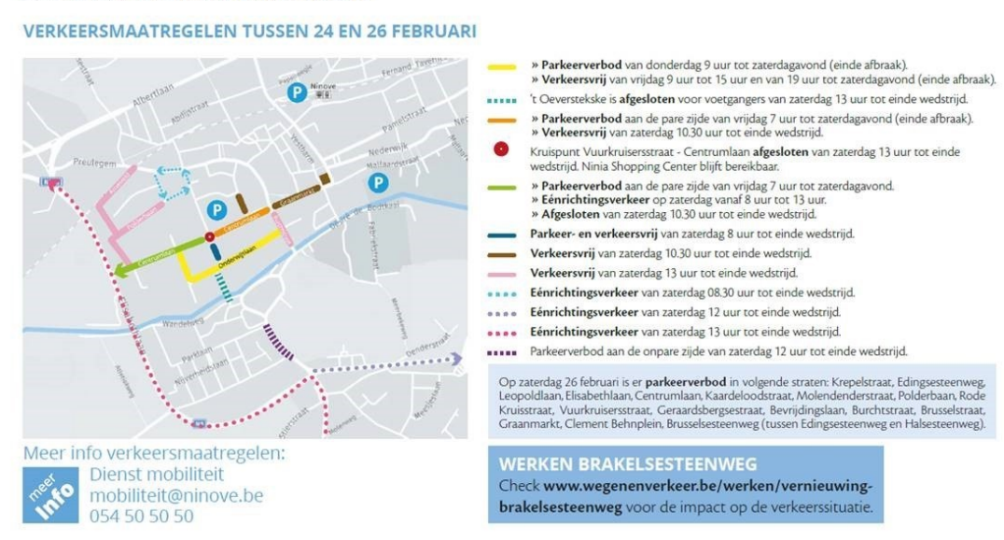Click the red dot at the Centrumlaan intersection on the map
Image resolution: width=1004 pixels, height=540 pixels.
pos(209,237)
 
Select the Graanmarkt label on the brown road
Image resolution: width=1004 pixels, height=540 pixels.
pos(293,201)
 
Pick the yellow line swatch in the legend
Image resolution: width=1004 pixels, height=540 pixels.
pos(502,67)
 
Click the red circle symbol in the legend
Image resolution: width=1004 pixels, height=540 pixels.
pos(501,149)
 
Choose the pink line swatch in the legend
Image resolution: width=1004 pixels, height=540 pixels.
pos(502,274)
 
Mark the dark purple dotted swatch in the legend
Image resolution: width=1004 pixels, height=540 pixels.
pos(502,352)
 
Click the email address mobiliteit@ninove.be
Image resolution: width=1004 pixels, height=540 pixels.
pos(177,495)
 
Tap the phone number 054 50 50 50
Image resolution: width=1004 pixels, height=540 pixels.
pos(142,516)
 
